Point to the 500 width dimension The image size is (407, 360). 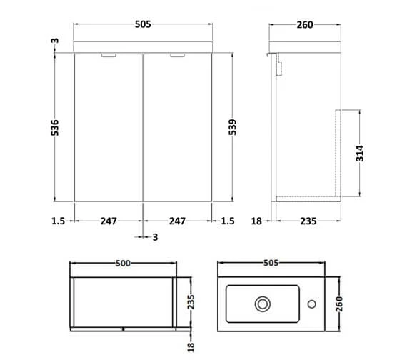[x=124, y=264]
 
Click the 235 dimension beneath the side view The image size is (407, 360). [x=308, y=221]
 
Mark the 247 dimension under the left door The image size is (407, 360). [x=109, y=221]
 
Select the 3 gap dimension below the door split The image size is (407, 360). [x=155, y=237]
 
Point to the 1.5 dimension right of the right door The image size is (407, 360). [x=228, y=221]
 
